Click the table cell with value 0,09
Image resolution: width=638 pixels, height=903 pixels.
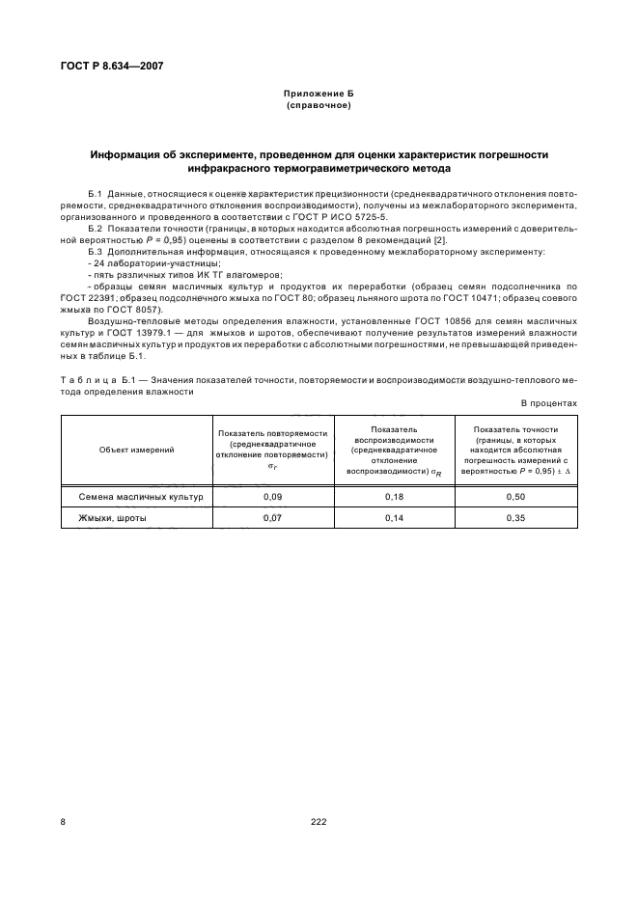point(272,496)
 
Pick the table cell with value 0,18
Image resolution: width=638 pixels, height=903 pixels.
point(394,496)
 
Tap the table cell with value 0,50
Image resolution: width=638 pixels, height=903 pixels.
point(516,496)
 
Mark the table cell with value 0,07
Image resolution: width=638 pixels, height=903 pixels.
point(272,518)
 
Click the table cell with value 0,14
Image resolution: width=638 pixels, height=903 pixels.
point(394,518)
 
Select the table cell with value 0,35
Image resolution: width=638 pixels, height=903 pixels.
point(516,518)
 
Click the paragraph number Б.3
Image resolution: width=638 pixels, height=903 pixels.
point(97,251)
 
